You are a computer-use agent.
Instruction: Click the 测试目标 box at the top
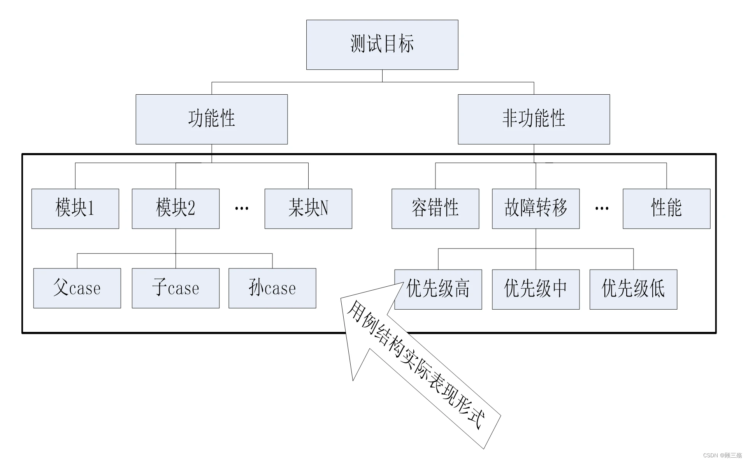pos(382,45)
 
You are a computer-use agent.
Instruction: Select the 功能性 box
pos(211,119)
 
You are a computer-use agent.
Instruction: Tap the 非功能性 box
pos(534,119)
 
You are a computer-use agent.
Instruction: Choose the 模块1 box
pos(75,208)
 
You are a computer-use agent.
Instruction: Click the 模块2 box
pos(176,208)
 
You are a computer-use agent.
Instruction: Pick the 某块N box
pos(308,208)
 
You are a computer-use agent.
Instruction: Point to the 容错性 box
pos(435,208)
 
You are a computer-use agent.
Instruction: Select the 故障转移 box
pos(536,208)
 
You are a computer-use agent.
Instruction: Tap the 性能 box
pos(666,208)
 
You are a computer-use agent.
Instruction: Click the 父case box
pos(77,288)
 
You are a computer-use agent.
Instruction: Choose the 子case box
pos(176,288)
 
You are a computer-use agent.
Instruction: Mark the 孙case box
pos(272,288)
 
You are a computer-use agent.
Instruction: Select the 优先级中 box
pos(536,289)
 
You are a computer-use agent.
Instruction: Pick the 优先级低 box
pos(633,289)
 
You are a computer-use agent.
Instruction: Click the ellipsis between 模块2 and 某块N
pos(242,208)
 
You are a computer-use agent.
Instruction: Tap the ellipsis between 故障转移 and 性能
pos(602,208)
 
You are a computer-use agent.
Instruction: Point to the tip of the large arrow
pos(403,283)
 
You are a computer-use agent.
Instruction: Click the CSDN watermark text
pos(722,455)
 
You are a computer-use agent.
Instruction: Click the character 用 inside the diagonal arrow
pos(355,311)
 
